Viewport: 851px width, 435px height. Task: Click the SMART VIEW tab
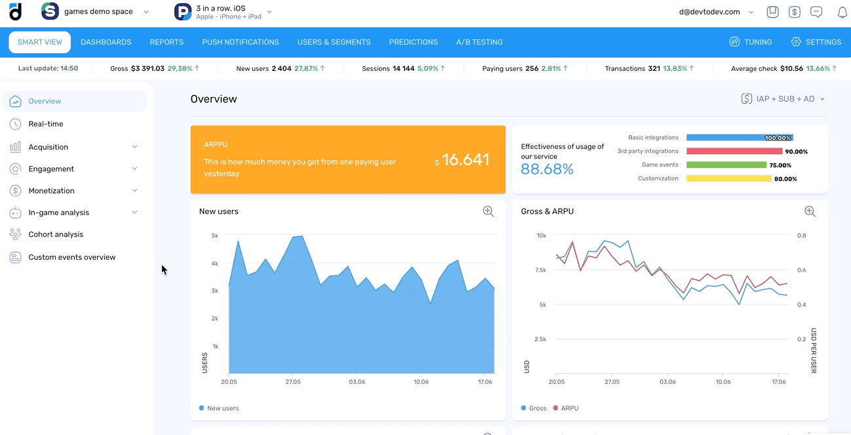pyautogui.click(x=39, y=42)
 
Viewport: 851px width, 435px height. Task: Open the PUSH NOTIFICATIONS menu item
pyautogui.click(x=240, y=42)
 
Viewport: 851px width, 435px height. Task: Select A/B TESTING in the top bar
pyautogui.click(x=479, y=42)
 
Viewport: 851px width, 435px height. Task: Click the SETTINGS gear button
pyautogui.click(x=816, y=42)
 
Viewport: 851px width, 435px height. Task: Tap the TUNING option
pyautogui.click(x=751, y=42)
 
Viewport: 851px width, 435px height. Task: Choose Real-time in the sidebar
pyautogui.click(x=46, y=124)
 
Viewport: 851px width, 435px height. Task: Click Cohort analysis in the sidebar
pyautogui.click(x=56, y=234)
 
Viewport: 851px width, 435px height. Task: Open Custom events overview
pyautogui.click(x=71, y=257)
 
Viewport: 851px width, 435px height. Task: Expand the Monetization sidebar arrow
pyautogui.click(x=135, y=191)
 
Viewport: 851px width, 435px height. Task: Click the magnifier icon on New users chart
pyautogui.click(x=488, y=211)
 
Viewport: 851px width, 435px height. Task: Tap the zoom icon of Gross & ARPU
pyautogui.click(x=810, y=211)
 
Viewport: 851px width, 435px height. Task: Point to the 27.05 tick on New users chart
pyautogui.click(x=293, y=382)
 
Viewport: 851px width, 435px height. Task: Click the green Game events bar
pyautogui.click(x=726, y=165)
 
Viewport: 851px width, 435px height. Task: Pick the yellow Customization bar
pyautogui.click(x=728, y=178)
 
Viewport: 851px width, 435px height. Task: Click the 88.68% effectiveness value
pyautogui.click(x=547, y=170)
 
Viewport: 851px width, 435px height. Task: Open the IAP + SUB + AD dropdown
pyautogui.click(x=783, y=99)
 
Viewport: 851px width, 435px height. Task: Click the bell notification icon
pyautogui.click(x=842, y=12)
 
